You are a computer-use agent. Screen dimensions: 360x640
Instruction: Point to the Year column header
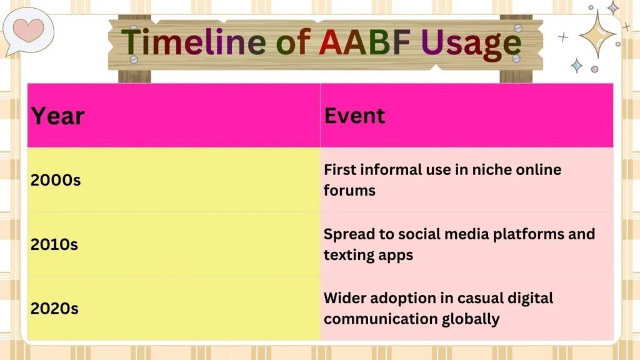[57, 116]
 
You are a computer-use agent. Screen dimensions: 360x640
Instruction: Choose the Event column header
[354, 116]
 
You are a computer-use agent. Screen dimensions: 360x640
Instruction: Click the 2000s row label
[56, 181]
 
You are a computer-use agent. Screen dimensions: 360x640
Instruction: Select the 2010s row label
[54, 244]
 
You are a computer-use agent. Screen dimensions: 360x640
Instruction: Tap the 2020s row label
[54, 308]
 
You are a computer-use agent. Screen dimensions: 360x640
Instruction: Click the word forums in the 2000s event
[349, 191]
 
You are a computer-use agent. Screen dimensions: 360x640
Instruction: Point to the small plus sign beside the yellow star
[563, 37]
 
